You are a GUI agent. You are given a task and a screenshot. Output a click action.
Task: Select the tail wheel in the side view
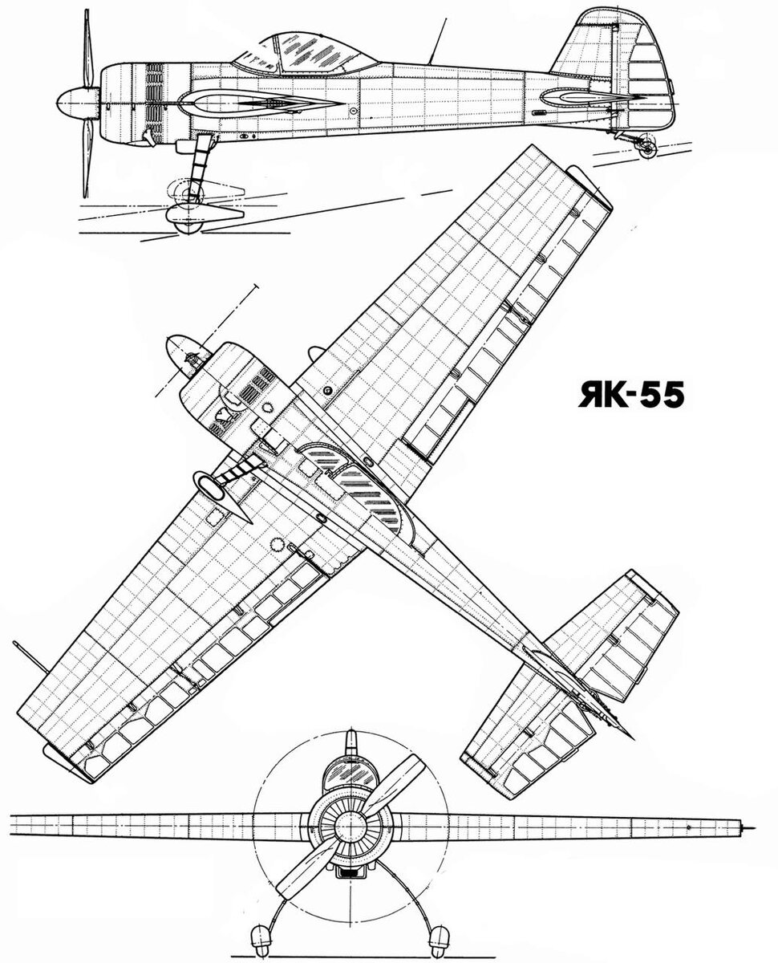tap(646, 145)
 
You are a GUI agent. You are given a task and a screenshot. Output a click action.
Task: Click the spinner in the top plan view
tap(182, 355)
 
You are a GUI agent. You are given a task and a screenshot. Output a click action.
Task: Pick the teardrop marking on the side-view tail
tap(573, 99)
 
